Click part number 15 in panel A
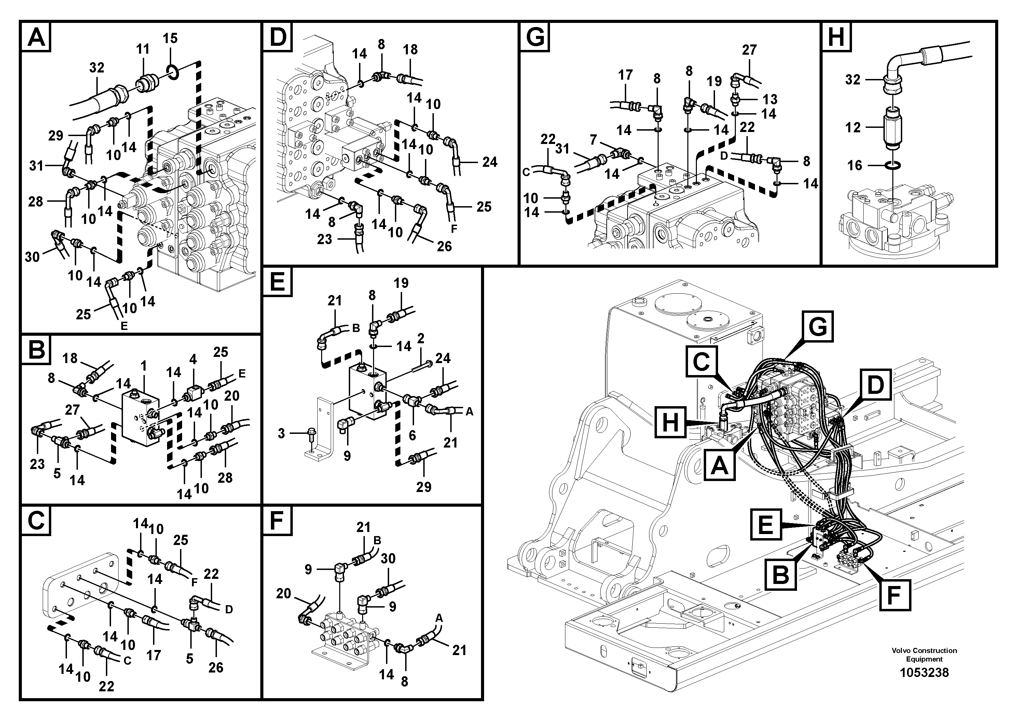170,38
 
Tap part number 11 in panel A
143,49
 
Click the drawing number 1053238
924,673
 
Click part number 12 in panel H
853,128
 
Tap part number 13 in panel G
770,99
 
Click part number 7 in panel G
593,141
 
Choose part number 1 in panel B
143,366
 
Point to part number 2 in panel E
421,338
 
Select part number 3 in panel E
281,433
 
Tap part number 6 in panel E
412,435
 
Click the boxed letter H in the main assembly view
670,422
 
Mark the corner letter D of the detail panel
278,37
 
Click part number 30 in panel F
388,559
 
